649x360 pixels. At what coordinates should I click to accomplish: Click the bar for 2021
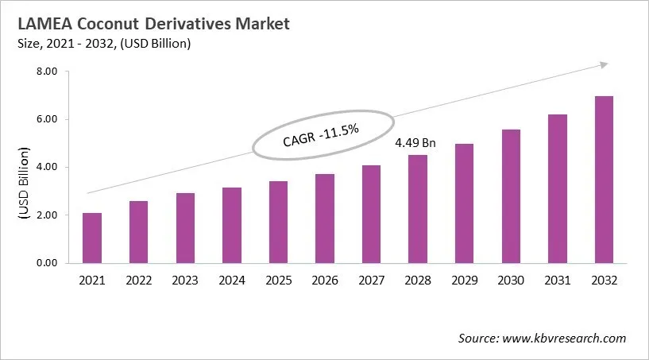[91, 238]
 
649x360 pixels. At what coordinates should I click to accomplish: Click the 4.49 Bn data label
[416, 144]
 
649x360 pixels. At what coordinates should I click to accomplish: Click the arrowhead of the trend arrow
[605, 64]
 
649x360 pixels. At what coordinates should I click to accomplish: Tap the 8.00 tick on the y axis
[47, 72]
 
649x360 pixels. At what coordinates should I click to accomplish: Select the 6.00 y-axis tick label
[47, 119]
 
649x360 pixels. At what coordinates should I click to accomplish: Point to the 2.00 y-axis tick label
[47, 215]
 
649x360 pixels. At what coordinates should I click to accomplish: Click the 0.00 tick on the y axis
[47, 263]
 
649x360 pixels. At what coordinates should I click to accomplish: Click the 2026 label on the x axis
[324, 280]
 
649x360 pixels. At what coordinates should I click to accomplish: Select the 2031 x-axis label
[557, 280]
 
